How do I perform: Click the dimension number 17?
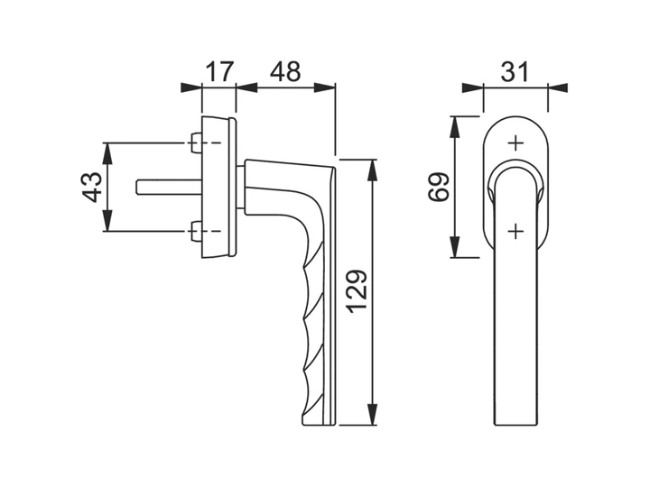[220, 71]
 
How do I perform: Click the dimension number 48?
[285, 71]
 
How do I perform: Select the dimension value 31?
[515, 71]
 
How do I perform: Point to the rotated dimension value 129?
[357, 291]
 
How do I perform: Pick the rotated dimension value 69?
[439, 187]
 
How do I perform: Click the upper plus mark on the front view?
[516, 143]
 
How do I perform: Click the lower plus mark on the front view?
[516, 231]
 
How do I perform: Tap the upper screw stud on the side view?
[196, 142]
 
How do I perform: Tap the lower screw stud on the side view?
[196, 231]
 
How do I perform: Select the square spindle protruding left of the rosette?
[169, 187]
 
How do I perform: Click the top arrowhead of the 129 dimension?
[373, 170]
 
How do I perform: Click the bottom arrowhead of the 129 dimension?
[373, 415]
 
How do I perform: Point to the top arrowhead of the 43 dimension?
[107, 153]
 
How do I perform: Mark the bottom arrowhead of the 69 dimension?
[455, 247]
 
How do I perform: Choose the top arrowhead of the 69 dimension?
[455, 127]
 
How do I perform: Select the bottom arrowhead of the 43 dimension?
[107, 220]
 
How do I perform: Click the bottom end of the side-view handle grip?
[319, 425]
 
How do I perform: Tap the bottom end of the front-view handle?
[516, 425]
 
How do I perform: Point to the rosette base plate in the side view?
[218, 188]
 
